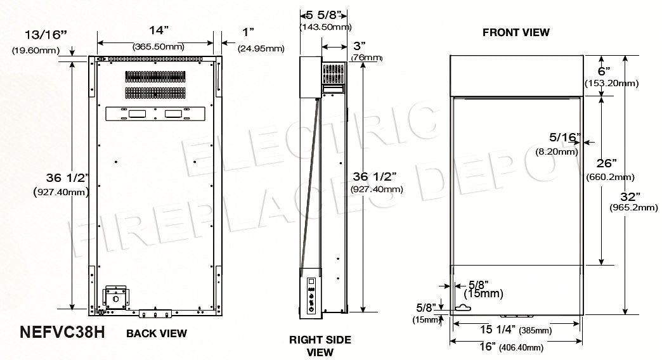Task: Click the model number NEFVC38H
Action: click(x=62, y=333)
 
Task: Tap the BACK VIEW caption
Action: click(x=157, y=333)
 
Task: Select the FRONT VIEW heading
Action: click(x=516, y=32)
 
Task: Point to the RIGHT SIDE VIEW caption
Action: click(x=320, y=346)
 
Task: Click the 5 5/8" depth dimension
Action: click(x=325, y=14)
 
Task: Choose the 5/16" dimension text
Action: click(x=564, y=138)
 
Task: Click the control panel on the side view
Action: click(x=311, y=295)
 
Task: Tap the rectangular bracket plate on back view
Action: click(x=154, y=113)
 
